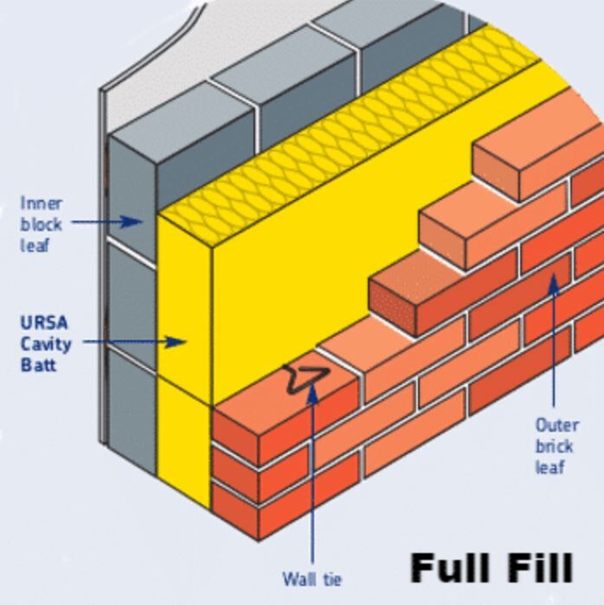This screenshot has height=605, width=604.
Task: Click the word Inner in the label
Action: click(x=41, y=203)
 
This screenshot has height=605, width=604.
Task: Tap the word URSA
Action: click(x=43, y=322)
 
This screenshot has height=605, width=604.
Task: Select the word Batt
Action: click(x=38, y=364)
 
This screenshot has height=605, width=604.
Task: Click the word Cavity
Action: click(x=46, y=343)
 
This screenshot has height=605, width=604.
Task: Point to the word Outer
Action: click(x=556, y=425)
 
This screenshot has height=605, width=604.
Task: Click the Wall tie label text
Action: click(x=312, y=579)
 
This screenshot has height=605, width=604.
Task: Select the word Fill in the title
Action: click(x=535, y=567)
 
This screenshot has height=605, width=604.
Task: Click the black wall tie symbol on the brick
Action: click(x=304, y=378)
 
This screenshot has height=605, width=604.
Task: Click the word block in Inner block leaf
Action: click(x=41, y=224)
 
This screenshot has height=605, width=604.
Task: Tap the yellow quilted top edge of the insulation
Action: click(x=346, y=130)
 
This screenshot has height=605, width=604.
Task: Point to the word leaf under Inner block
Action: click(x=35, y=245)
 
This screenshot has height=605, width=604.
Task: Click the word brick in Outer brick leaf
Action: click(x=554, y=447)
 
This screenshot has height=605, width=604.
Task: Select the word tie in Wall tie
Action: click(x=331, y=579)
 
